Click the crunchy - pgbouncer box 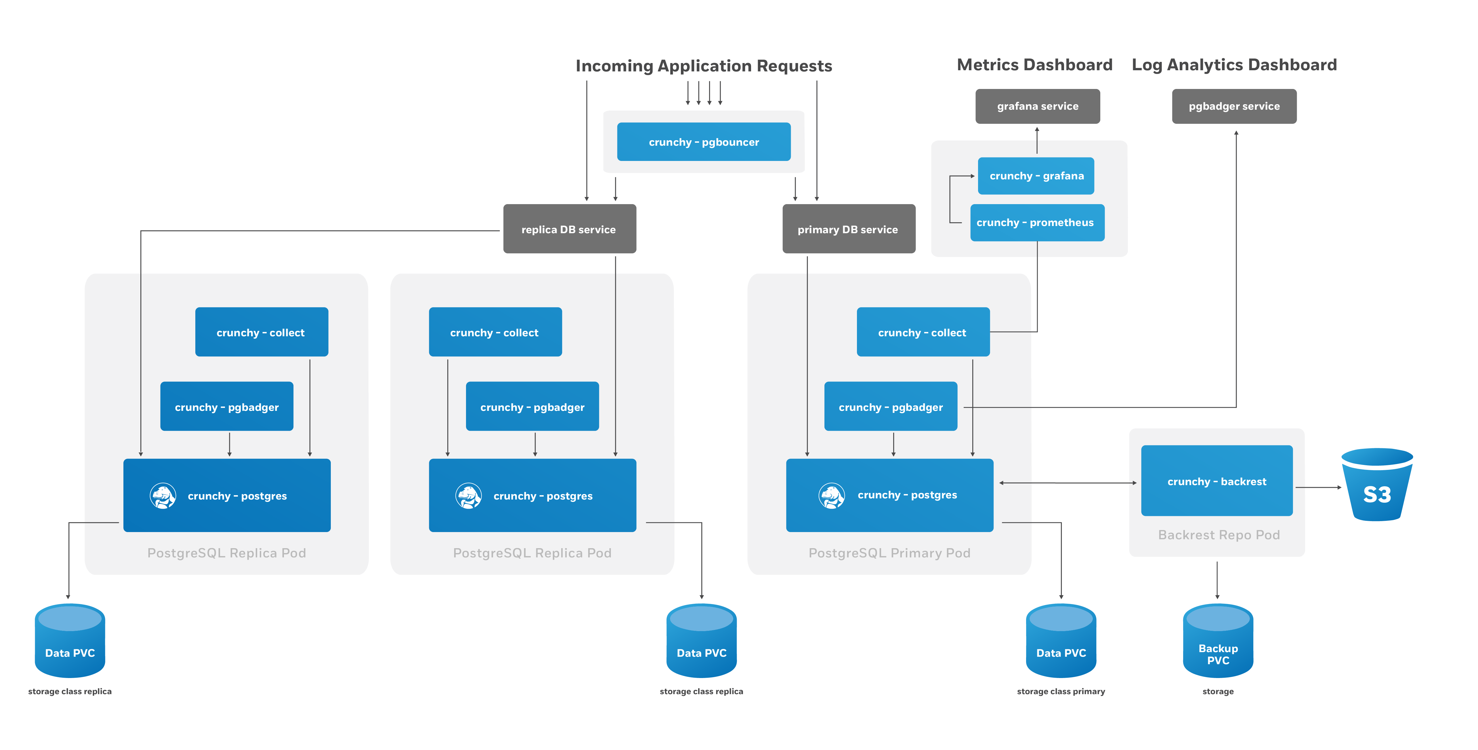[x=703, y=142]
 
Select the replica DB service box [x=569, y=229]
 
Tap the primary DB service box [x=848, y=229]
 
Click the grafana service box [x=1037, y=106]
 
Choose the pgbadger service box [x=1233, y=106]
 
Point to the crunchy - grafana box [x=1036, y=176]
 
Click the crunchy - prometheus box [x=1036, y=222]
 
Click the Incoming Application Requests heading [x=703, y=66]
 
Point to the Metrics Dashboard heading [x=1034, y=65]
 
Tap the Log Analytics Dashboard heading [x=1233, y=65]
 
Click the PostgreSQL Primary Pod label [x=889, y=553]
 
